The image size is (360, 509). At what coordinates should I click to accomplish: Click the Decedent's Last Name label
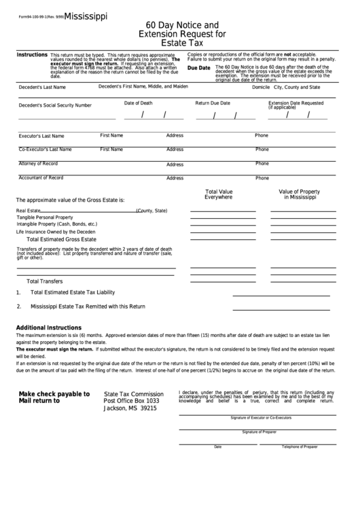(x=43, y=88)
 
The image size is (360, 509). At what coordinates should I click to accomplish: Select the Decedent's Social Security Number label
(x=55, y=105)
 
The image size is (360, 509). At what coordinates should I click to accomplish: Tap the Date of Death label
(x=139, y=103)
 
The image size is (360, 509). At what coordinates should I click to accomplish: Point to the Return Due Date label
(x=213, y=103)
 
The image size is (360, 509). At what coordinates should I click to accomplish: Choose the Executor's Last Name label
(x=41, y=136)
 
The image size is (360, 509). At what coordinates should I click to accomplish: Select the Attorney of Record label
(x=38, y=164)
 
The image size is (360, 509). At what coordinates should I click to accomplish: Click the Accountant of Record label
(x=41, y=177)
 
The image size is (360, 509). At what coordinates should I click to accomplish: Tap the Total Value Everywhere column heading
(x=219, y=194)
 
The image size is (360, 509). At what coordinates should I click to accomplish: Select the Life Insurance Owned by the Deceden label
(x=56, y=232)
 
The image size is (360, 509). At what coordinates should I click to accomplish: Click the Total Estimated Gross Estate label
(x=61, y=239)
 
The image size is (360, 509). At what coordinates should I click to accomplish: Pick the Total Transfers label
(x=44, y=281)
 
